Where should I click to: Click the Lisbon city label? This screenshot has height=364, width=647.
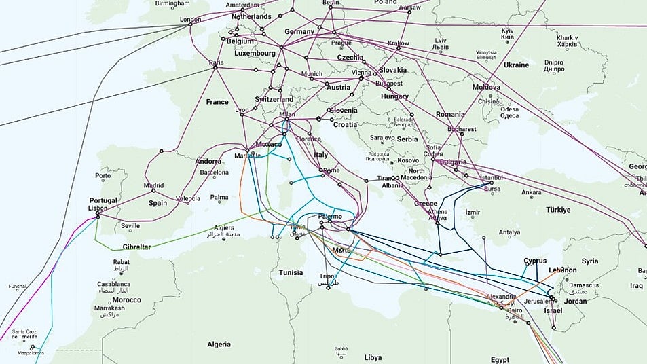click(x=98, y=208)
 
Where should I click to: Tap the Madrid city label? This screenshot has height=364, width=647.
click(x=153, y=185)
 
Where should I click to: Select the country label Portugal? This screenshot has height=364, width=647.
click(x=104, y=201)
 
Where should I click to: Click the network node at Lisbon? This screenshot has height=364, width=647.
click(x=98, y=215)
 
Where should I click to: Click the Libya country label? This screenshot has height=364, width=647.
click(x=373, y=357)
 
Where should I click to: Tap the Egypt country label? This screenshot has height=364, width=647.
click(x=500, y=359)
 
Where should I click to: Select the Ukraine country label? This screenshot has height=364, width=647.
click(x=516, y=65)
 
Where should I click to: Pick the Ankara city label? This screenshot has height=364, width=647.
click(x=531, y=192)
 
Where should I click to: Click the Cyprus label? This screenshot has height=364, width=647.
click(x=535, y=261)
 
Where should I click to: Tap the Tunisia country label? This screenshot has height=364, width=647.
click(x=291, y=272)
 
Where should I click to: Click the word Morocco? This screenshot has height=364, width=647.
click(x=127, y=300)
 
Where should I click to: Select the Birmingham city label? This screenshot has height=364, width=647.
click(x=172, y=3)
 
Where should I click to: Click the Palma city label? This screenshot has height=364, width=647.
click(x=219, y=198)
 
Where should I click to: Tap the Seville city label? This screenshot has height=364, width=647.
click(x=130, y=226)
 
